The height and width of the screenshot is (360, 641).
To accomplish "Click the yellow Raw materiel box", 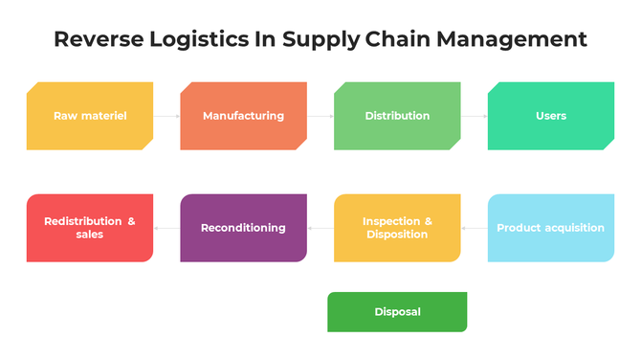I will (x=90, y=116).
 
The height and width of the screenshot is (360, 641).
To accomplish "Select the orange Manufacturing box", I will (x=243, y=116).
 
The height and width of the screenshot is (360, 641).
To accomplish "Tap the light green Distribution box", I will (x=397, y=116).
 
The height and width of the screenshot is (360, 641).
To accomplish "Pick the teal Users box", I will (x=551, y=116).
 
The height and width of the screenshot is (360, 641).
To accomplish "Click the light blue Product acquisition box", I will (x=551, y=228).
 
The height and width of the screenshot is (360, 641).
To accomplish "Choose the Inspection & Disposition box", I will (x=397, y=228).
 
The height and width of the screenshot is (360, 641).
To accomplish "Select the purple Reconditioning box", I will (x=243, y=228).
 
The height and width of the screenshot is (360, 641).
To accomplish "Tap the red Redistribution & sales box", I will (x=90, y=228).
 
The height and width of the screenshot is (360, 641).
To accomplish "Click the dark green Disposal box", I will (x=397, y=312).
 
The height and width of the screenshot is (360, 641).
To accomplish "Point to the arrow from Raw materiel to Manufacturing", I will (x=166, y=116).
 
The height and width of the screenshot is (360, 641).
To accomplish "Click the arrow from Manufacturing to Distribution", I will (x=320, y=116).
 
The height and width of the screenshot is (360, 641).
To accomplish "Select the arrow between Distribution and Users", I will (x=475, y=116).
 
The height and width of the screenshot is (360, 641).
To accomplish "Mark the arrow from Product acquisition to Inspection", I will (x=475, y=228).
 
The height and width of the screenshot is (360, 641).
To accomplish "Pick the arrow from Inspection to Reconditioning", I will (x=320, y=228).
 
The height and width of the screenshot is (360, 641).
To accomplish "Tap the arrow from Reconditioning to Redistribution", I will (x=166, y=228).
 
